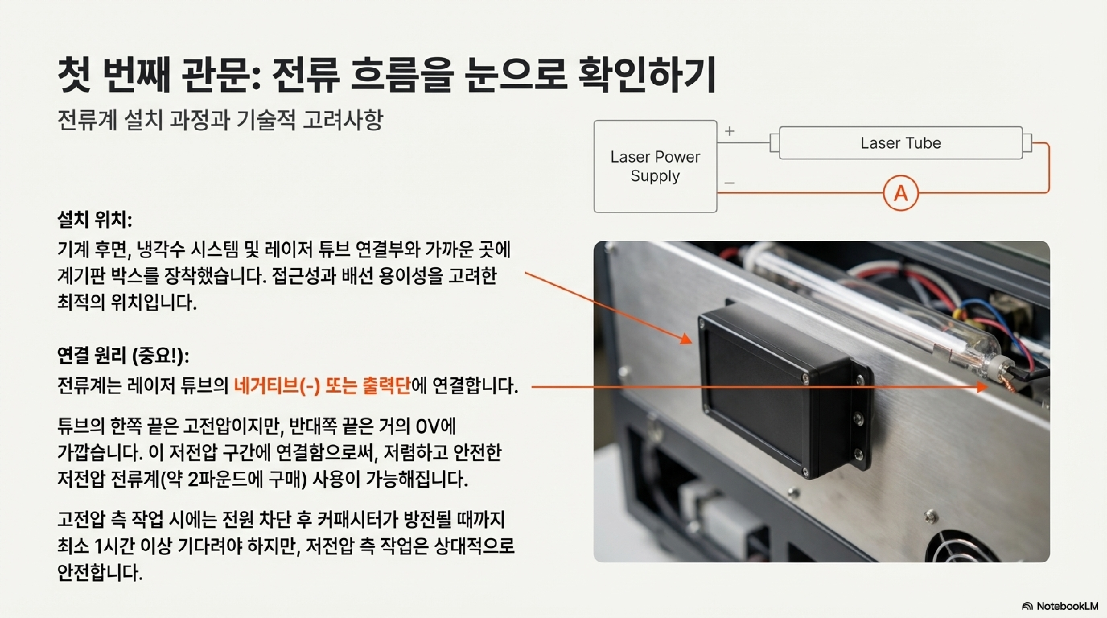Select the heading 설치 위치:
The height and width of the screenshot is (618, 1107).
pos(95,221)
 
